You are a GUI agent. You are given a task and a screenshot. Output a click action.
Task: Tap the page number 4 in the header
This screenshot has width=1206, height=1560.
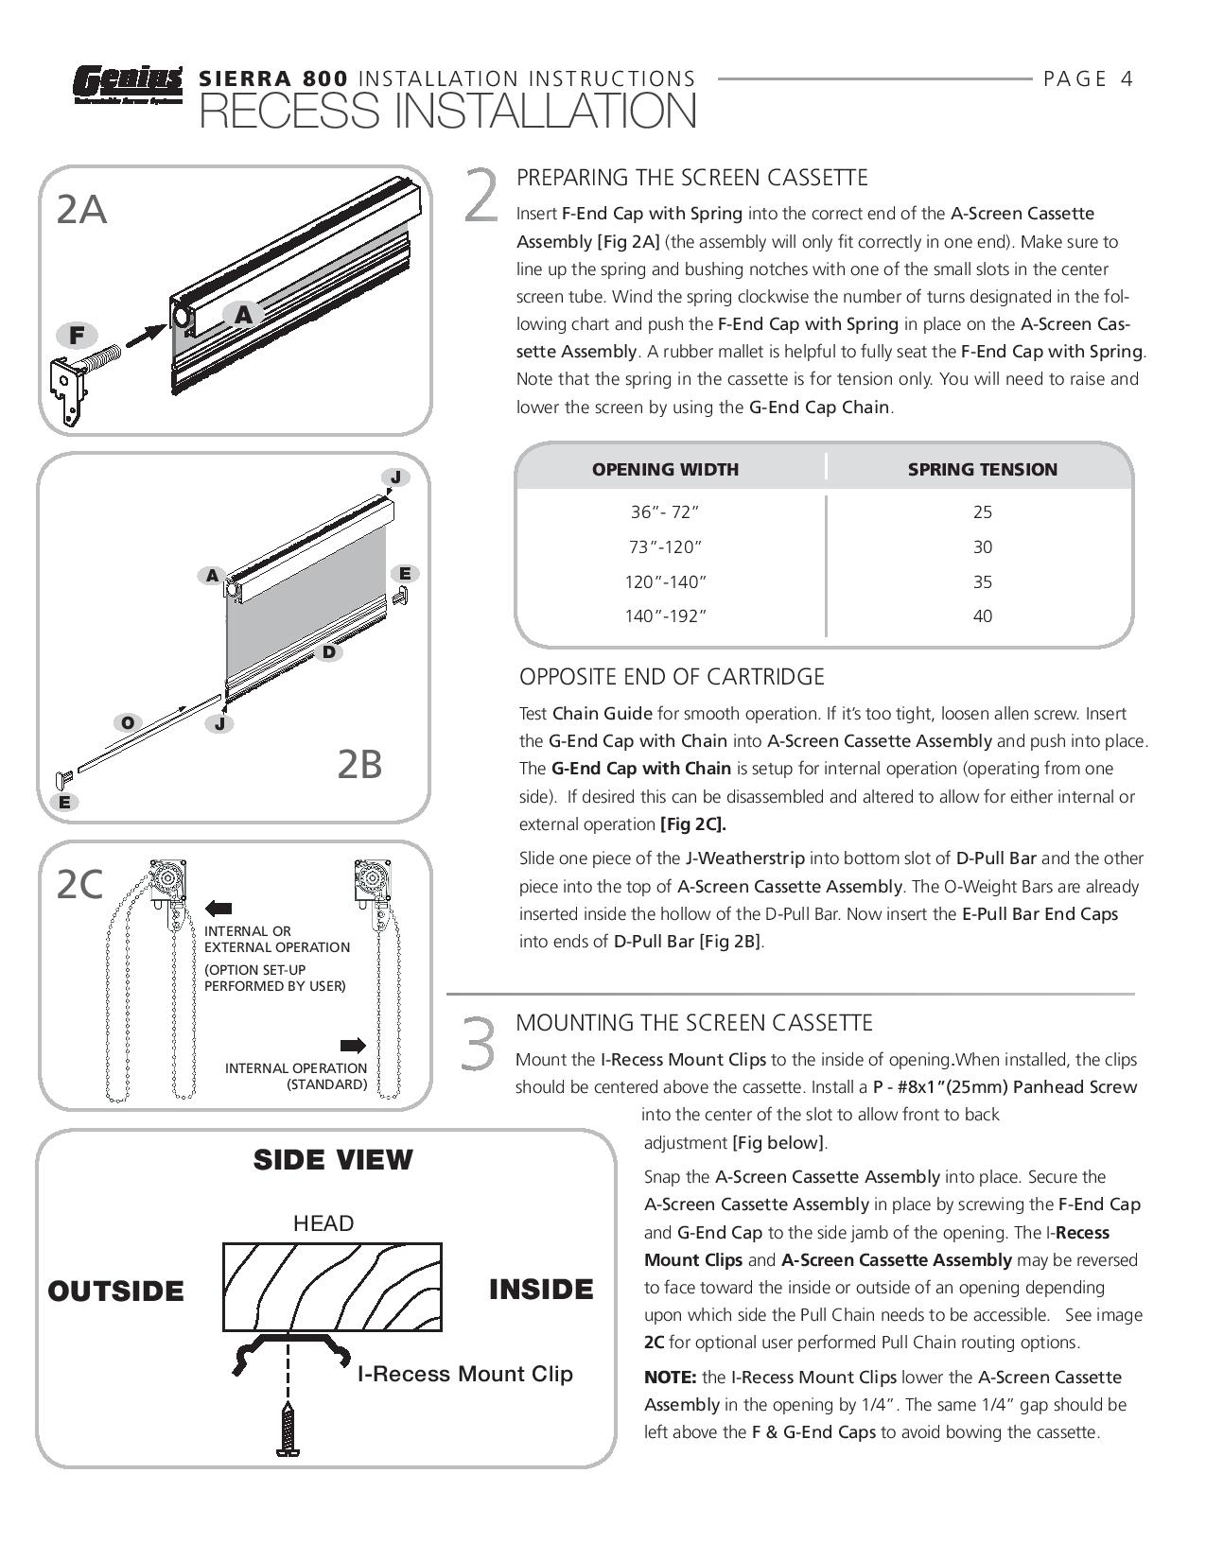(x=1126, y=78)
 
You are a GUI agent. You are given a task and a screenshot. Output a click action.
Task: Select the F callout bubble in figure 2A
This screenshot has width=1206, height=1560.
(x=77, y=335)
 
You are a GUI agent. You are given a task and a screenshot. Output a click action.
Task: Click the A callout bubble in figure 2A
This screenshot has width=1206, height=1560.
(x=243, y=315)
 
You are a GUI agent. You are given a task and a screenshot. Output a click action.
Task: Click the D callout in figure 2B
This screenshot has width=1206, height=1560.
(x=328, y=651)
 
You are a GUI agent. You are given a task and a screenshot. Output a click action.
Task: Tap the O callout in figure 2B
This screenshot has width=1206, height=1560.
(x=128, y=723)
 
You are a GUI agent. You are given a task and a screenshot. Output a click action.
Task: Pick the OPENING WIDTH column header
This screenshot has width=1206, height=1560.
(x=665, y=469)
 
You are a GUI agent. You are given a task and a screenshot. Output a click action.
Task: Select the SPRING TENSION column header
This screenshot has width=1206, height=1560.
(x=982, y=469)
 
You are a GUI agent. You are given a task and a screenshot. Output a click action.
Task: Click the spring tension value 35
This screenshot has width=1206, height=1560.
(x=982, y=581)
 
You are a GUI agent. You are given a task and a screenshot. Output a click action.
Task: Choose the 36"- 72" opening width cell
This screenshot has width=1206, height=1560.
(x=665, y=511)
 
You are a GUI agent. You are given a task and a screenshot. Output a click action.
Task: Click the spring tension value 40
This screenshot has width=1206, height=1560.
(x=982, y=616)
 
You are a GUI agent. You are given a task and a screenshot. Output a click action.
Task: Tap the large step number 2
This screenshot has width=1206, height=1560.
(x=481, y=196)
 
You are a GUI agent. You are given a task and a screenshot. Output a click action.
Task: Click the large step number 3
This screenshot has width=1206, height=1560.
(x=479, y=1045)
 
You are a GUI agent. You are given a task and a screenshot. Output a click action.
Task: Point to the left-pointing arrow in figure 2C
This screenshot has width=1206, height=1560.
(x=218, y=909)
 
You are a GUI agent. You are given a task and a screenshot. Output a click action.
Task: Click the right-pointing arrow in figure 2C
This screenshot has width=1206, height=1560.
(x=353, y=1045)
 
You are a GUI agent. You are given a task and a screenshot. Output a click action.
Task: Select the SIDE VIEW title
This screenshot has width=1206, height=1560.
(x=333, y=1160)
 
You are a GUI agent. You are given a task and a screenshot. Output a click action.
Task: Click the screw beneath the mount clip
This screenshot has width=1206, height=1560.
(x=288, y=1429)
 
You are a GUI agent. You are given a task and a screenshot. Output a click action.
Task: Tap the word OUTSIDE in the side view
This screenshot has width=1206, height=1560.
(x=115, y=1291)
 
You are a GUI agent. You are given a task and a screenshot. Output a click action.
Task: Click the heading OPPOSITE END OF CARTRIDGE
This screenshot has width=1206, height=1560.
(x=672, y=677)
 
